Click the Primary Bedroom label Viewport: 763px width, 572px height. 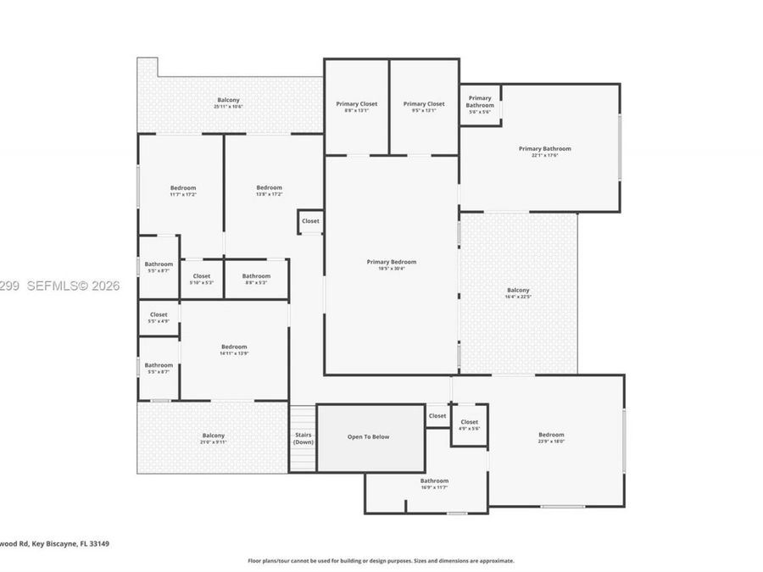[391, 265]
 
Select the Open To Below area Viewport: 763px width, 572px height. [369, 437]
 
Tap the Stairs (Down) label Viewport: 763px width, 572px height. [303, 438]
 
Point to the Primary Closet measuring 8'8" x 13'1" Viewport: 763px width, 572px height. [356, 108]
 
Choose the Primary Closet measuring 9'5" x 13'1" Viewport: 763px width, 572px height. [423, 108]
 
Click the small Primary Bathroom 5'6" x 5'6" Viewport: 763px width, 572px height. [480, 104]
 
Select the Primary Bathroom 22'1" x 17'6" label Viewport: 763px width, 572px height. [544, 152]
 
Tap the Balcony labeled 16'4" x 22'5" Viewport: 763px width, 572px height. [518, 293]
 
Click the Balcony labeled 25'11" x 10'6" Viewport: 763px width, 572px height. [228, 103]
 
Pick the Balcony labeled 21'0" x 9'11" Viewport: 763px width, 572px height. [214, 439]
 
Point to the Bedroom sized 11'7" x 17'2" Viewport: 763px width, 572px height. [183, 191]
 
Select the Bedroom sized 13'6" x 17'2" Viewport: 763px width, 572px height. [269, 191]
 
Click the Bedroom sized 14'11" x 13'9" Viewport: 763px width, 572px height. [234, 349]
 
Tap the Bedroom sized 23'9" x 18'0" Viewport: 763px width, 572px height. [551, 437]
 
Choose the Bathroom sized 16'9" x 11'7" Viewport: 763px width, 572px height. [434, 484]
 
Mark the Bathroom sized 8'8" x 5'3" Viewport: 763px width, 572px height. [256, 279]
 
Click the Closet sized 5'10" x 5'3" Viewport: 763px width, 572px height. [202, 279]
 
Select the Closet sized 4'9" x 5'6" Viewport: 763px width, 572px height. [469, 425]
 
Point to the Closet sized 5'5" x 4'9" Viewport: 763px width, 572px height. [159, 318]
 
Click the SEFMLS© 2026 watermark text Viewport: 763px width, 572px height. [60, 286]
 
